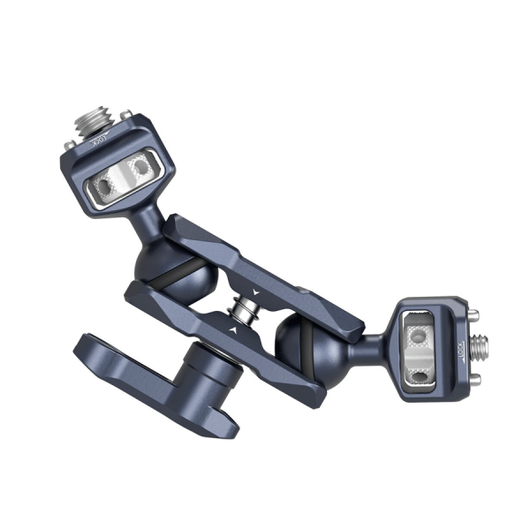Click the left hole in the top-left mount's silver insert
[105, 185]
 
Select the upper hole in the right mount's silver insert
[418, 336]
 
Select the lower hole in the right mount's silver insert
[421, 376]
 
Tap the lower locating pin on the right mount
[476, 377]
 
